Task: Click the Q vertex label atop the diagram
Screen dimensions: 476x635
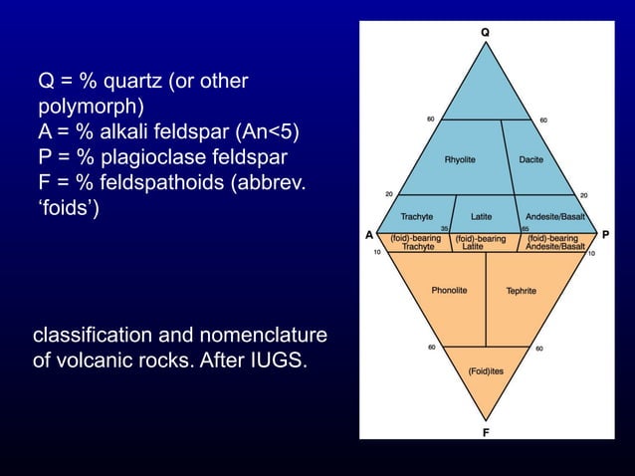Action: point(485,33)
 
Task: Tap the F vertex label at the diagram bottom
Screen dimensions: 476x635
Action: point(485,432)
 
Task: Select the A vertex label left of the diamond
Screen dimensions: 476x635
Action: point(368,236)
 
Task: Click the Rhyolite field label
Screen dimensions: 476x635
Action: point(459,159)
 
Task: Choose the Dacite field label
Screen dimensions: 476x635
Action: point(530,159)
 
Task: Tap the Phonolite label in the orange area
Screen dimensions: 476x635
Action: point(449,291)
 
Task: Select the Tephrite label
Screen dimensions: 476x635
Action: point(521,291)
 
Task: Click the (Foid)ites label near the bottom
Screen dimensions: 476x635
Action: point(485,370)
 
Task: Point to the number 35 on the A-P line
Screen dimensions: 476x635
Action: point(444,228)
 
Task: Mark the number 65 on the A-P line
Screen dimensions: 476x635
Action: point(525,228)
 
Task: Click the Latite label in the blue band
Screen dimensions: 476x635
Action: point(481,216)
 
